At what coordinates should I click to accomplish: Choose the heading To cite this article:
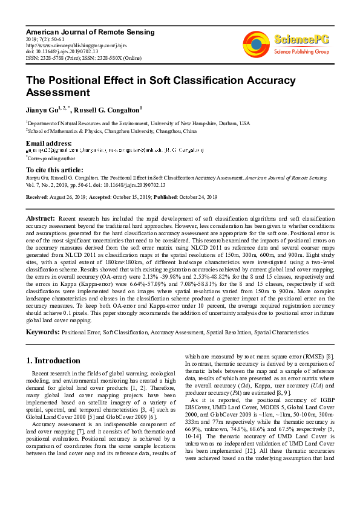[54, 170]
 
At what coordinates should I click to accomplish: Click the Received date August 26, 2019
[80, 196]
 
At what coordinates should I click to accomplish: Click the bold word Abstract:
[41, 217]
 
